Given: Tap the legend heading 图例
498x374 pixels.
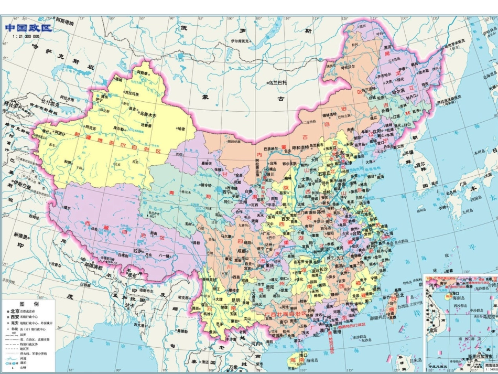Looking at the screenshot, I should tap(29, 304).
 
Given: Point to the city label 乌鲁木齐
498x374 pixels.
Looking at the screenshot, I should tap(148, 113).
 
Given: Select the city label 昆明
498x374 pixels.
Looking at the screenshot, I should tap(235, 301).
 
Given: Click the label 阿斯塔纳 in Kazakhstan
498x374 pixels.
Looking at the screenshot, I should tap(64, 22).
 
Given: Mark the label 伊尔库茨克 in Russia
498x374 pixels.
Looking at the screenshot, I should tap(246, 40).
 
